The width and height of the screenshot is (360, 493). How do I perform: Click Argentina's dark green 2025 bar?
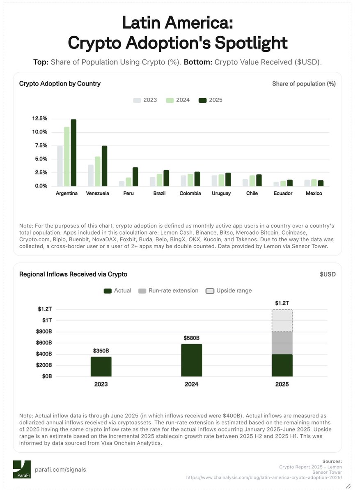(73, 153)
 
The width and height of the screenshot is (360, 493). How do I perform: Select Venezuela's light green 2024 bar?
(98, 171)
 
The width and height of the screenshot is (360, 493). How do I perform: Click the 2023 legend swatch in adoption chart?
(137, 100)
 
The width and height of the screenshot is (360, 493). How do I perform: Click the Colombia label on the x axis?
(190, 193)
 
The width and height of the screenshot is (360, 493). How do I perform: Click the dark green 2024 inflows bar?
(192, 360)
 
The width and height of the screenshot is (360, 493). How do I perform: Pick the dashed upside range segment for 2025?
(282, 321)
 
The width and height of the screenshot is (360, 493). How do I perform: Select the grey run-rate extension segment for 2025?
(282, 343)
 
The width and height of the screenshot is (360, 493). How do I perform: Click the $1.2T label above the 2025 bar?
(282, 303)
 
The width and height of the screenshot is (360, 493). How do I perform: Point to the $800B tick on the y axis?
(43, 332)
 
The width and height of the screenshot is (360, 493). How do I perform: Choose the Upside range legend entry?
(229, 290)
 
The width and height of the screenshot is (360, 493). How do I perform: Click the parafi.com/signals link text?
(60, 470)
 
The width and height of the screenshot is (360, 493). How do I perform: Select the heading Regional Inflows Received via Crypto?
(73, 274)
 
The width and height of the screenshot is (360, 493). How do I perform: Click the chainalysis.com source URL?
(264, 478)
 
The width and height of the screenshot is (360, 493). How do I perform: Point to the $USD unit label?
(328, 274)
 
